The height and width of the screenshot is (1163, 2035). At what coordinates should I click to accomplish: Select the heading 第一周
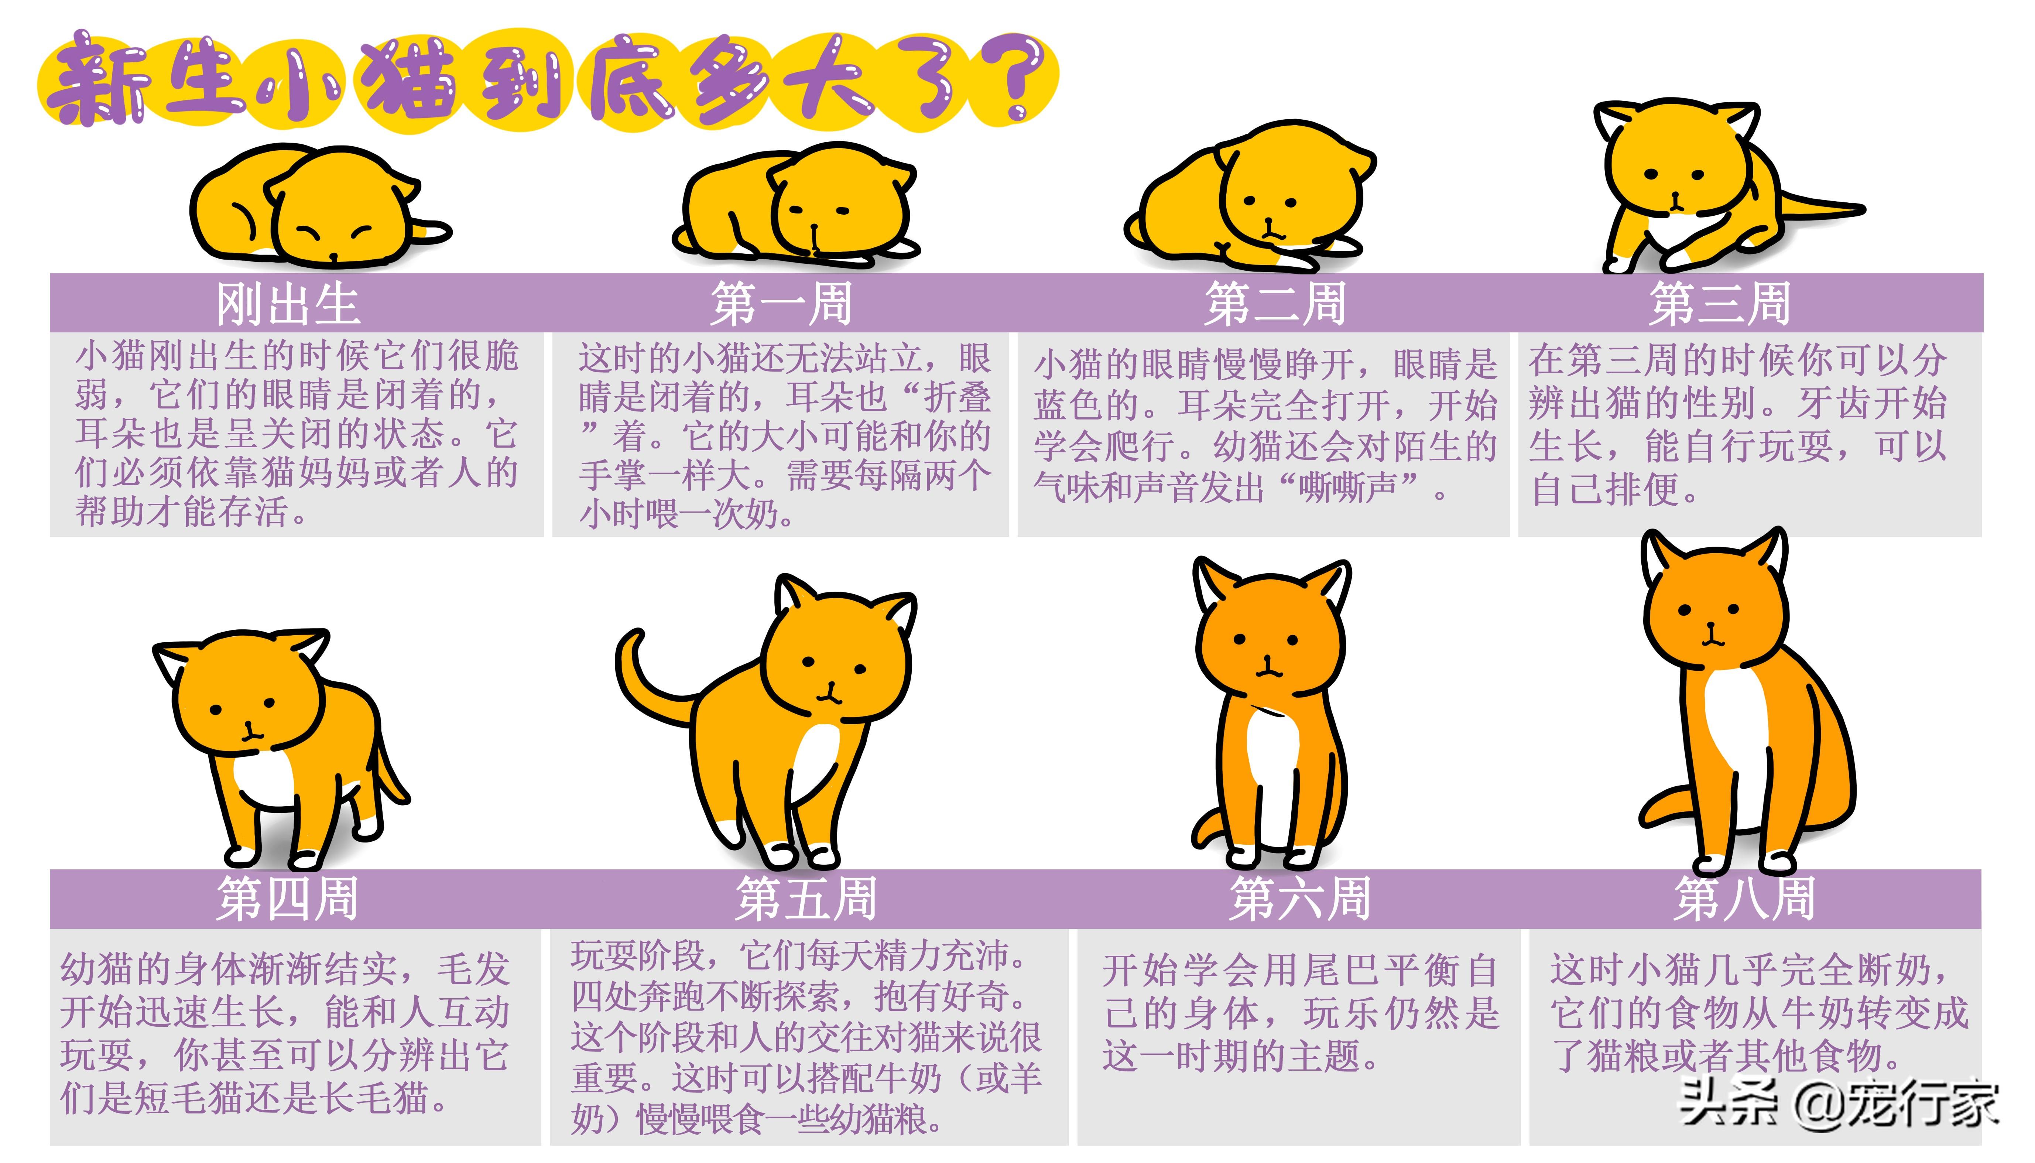[x=781, y=304]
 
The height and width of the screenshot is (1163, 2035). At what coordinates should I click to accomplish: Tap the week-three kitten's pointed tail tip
[x=1857, y=210]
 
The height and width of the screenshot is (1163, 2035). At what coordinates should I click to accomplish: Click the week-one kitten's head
[x=839, y=200]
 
